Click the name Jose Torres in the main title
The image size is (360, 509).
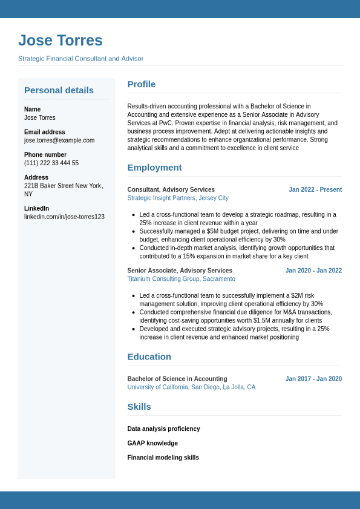click(x=61, y=41)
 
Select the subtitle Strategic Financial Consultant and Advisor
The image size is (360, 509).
click(x=80, y=59)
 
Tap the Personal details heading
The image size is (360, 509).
click(x=59, y=90)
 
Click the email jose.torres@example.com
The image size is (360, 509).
click(x=59, y=140)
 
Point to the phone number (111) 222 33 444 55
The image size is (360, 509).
click(x=51, y=163)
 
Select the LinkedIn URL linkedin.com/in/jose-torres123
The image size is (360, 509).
click(x=64, y=217)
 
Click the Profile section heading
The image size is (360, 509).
click(x=142, y=84)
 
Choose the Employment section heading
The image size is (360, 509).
click(x=154, y=168)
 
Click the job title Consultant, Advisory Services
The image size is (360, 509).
click(x=171, y=189)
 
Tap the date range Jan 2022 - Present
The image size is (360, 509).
click(x=315, y=189)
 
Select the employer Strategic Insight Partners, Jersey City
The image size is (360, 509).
click(x=178, y=198)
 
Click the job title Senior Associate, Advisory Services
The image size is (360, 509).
click(x=180, y=271)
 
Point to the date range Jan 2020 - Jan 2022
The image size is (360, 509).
click(x=313, y=271)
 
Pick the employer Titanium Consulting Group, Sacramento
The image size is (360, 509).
click(x=181, y=279)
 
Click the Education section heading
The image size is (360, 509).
click(x=149, y=356)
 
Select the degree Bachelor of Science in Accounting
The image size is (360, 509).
click(x=177, y=379)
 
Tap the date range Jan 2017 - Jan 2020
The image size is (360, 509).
click(x=313, y=379)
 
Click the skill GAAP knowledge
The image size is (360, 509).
click(x=152, y=443)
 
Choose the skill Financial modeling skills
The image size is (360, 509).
click(x=163, y=458)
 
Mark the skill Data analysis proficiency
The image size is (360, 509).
click(x=163, y=429)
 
